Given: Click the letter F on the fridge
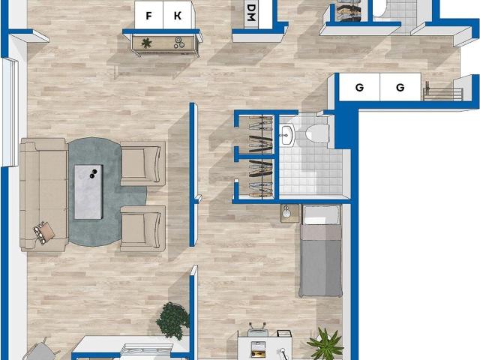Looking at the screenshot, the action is tap(148, 16).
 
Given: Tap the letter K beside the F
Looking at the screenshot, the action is tap(178, 16).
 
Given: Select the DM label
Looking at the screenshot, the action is tap(251, 13).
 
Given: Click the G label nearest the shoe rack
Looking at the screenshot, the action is tap(400, 88).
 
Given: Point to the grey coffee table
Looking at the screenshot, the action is tap(88, 192).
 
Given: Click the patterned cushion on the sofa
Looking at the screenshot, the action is tap(43, 232).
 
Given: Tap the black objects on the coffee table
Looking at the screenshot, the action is tap(93, 174).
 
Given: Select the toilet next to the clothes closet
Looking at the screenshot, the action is tap(316, 133).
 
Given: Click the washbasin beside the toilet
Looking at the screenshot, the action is tap(286, 134).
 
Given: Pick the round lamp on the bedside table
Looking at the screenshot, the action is tap(286, 212).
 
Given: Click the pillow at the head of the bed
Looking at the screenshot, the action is tap(321, 214).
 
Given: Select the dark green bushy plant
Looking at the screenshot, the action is tap(173, 320).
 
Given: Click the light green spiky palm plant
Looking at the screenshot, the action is tap(325, 344).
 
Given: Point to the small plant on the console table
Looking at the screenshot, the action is tap(147, 43).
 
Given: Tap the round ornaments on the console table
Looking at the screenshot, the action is tap(179, 43).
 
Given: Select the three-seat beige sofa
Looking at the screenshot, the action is tap(43, 195).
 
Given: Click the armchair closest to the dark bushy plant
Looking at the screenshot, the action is tap(143, 228).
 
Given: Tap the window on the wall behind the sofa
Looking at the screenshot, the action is tap(9, 112).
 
